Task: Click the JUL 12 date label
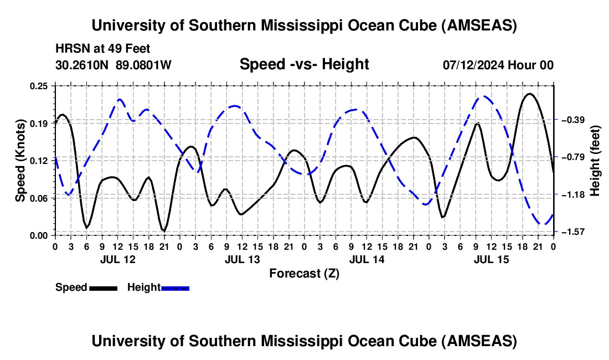[117, 259]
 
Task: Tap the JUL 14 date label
[366, 259]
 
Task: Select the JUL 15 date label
[491, 259]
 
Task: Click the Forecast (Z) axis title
[304, 273]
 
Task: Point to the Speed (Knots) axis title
[20, 160]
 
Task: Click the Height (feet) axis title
[596, 160]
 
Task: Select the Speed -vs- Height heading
[304, 64]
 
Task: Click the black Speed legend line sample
[103, 287]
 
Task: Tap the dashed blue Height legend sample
[176, 287]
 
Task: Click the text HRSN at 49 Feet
[102, 49]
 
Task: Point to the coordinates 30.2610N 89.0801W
[113, 65]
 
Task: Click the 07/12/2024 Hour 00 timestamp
[498, 65]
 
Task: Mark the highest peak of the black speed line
[530, 94]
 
